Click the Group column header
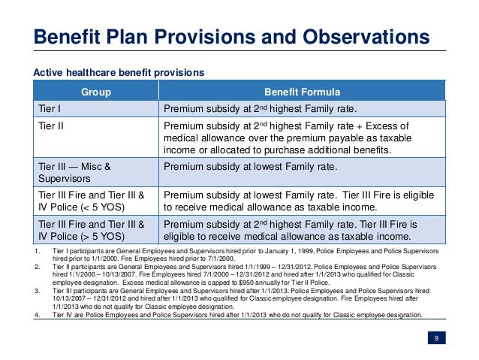pos(96,92)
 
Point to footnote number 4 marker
pos(37,315)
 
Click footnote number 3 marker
pos(37,290)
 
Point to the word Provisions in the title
pos(219,38)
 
